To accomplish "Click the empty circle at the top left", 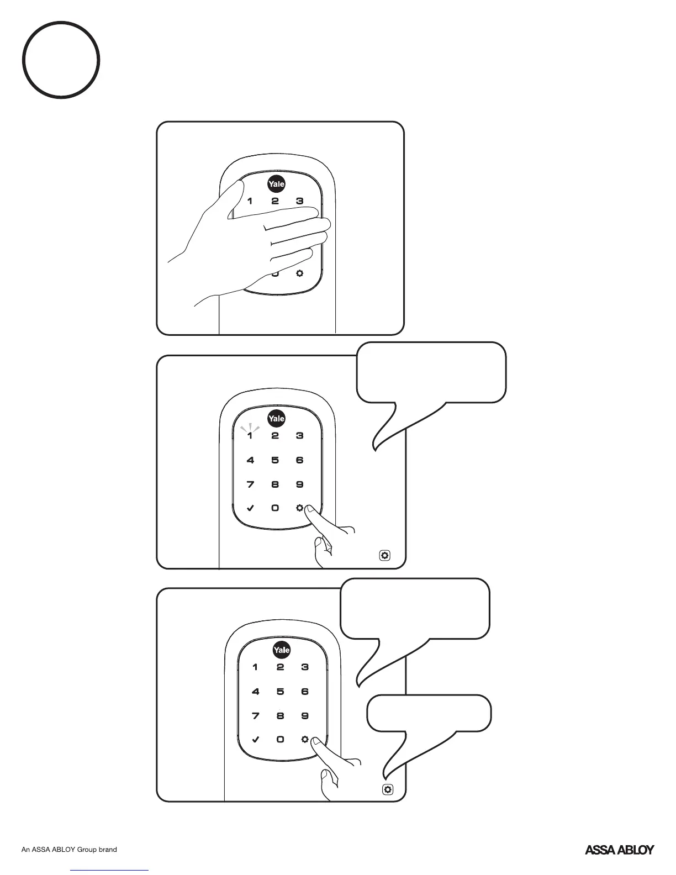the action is coord(61,60).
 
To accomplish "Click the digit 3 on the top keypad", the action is coord(299,201).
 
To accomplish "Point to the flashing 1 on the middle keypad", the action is coord(250,436).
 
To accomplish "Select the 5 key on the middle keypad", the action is coord(275,460).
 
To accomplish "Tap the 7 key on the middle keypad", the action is coord(250,484).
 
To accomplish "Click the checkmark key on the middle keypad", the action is coord(250,508).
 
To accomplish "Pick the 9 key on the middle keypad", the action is coord(299,484).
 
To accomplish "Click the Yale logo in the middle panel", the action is coord(276,419).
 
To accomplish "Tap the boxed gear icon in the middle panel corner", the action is coord(385,555).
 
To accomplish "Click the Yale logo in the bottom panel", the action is coord(281,650).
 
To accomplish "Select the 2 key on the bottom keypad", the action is coord(280,667).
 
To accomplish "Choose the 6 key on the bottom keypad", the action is coord(305,692).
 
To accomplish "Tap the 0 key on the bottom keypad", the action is coord(280,739).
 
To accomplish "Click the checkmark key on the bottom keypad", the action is coord(255,739).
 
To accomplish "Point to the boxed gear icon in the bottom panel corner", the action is coord(388,790).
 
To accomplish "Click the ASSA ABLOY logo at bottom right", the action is coord(619,850).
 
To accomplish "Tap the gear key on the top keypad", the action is coord(300,273).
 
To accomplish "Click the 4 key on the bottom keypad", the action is coord(255,692).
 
